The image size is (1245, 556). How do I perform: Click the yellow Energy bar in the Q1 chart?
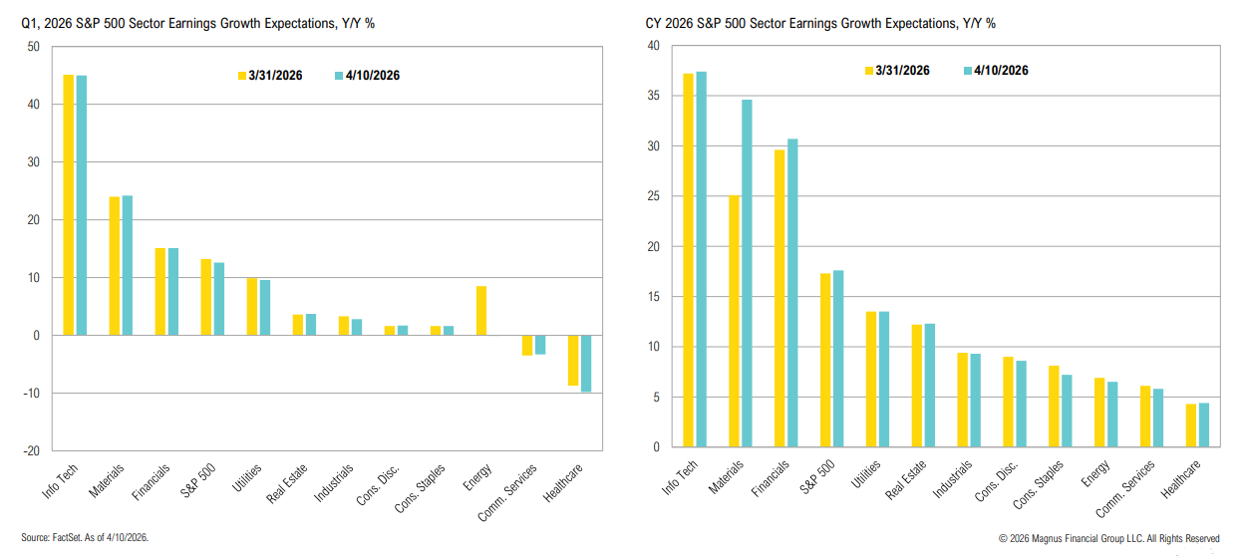pos(481,311)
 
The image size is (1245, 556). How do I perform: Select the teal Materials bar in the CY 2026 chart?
pos(747,273)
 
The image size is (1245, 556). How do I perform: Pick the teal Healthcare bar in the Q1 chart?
pos(586,364)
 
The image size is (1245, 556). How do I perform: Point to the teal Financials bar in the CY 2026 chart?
pos(792,293)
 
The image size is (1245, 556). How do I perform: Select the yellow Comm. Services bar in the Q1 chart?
pos(527,345)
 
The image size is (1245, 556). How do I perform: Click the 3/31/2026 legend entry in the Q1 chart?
pos(272,76)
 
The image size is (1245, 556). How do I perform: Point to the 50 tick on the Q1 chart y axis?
pos(34,47)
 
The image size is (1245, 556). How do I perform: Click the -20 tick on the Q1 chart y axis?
pos(32,450)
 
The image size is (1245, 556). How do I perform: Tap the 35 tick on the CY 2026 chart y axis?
pos(653,97)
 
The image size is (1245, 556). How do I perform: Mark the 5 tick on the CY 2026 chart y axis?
pos(656,398)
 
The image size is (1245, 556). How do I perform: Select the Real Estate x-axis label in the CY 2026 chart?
pos(905,479)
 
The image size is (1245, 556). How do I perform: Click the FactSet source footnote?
pos(84,538)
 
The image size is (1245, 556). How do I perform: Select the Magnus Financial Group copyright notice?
pos(1106,539)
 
